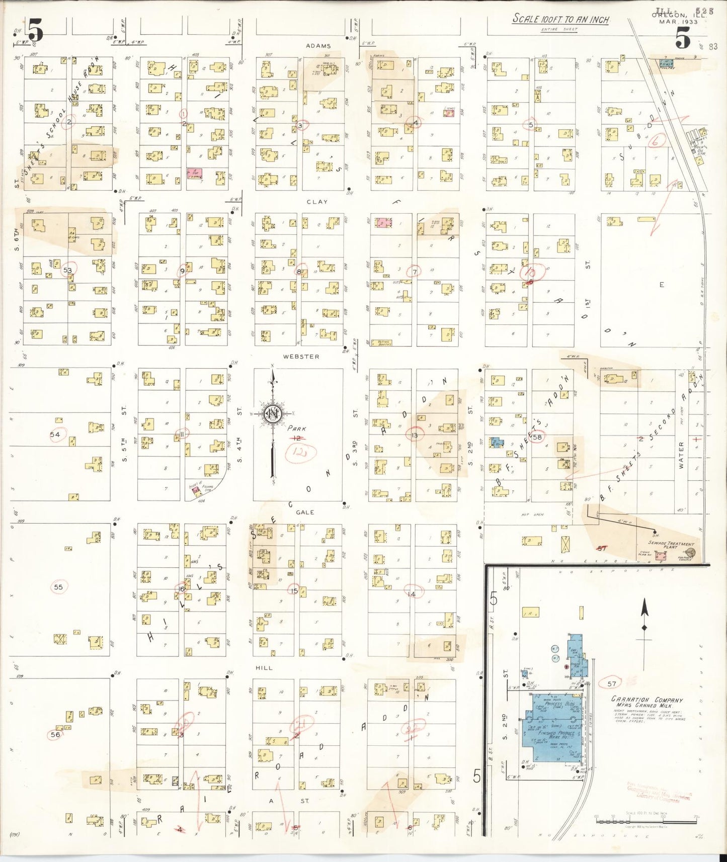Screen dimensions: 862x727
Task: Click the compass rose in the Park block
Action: coord(273,414)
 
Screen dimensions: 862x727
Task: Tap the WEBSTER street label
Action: coord(301,357)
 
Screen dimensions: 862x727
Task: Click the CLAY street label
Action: coord(317,202)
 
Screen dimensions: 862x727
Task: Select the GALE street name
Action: coord(305,512)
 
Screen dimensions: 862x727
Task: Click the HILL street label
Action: coord(264,668)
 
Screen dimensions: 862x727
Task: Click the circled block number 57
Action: coord(611,683)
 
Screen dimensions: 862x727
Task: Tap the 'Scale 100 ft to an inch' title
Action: coord(560,20)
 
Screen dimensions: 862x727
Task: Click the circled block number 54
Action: coord(55,435)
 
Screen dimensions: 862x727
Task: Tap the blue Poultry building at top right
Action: coord(666,64)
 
